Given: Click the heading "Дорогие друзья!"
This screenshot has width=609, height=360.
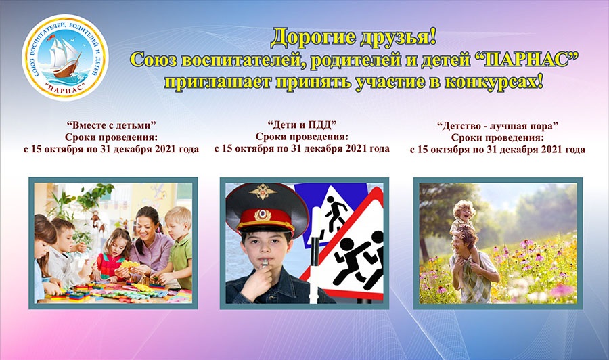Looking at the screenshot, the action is pos(353,38).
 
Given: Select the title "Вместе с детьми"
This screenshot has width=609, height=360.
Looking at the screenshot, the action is pos(111,125).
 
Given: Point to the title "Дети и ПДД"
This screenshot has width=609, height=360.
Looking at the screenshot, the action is pos(302,125).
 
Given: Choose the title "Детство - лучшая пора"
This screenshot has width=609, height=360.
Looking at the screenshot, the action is pos(497,126).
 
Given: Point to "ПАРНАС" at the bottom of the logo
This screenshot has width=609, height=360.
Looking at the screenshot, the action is pos(65,89).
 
